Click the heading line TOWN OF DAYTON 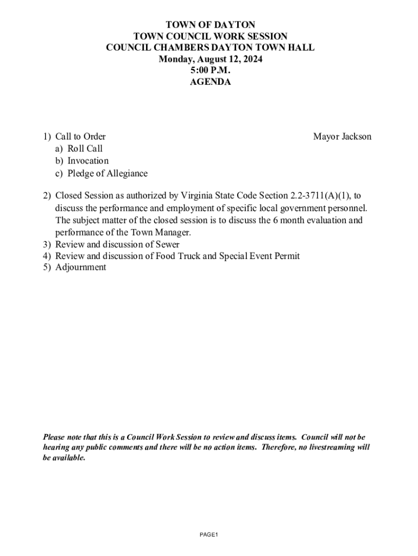pos(210,25)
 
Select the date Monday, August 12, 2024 pos(210,59)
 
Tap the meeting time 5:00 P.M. pos(210,71)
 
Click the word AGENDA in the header pos(210,83)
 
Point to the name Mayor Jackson pos(342,137)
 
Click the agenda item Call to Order pos(80,137)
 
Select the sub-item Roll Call pos(85,149)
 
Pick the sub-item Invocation pos(88,161)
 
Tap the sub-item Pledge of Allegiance pos(107,174)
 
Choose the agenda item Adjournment pos(80,268)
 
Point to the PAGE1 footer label pos(208,535)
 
